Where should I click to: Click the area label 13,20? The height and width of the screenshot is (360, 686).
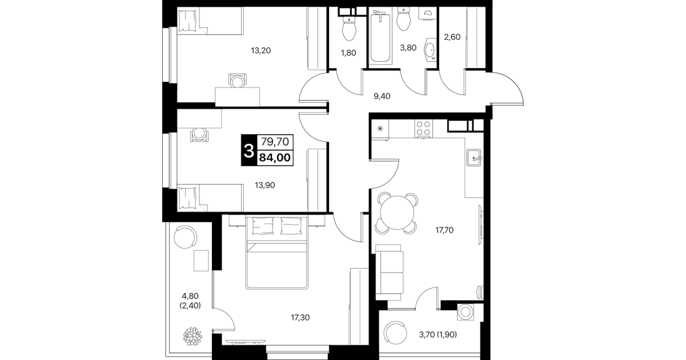tap(261, 50)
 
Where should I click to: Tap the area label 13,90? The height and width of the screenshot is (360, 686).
tap(265, 185)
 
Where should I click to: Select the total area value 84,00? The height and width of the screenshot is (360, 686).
tap(275, 158)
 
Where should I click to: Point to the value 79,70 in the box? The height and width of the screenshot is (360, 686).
tap(275, 142)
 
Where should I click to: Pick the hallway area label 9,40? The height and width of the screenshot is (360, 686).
tap(382, 96)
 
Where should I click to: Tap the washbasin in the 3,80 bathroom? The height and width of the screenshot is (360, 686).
tap(430, 49)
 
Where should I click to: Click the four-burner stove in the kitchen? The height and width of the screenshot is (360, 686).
tap(424, 129)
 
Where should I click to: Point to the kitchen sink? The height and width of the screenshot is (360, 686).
tap(474, 158)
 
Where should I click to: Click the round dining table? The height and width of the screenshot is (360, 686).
tap(397, 213)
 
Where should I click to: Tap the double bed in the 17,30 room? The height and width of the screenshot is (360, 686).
tap(276, 253)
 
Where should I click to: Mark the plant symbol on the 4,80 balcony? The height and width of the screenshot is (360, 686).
tap(192, 336)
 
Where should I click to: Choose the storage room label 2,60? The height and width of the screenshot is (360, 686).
tap(452, 37)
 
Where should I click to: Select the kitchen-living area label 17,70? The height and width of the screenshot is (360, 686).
tap(444, 230)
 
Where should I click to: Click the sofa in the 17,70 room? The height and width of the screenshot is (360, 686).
tap(388, 273)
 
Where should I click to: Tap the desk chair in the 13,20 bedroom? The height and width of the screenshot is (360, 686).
tap(238, 81)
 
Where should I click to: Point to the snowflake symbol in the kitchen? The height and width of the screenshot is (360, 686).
tap(380, 129)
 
